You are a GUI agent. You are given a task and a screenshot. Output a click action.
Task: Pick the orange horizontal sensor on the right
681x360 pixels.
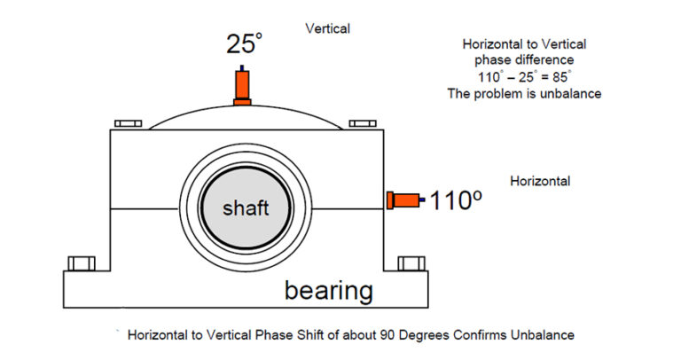[404, 200]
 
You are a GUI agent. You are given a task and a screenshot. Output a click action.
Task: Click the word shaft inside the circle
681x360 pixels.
[246, 209]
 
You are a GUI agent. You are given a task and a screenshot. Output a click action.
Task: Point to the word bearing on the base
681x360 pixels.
[328, 290]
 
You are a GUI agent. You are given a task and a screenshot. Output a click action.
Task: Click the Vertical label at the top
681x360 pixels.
[327, 28]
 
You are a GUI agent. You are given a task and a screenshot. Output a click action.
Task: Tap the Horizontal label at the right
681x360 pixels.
[540, 181]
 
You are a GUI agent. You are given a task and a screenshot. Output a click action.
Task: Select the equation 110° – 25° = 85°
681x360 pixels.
[524, 77]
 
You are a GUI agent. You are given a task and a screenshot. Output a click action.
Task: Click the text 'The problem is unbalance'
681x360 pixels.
[524, 93]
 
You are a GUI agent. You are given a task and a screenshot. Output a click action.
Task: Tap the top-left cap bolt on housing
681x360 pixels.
[128, 124]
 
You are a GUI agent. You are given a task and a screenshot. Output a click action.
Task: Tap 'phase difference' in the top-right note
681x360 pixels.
[524, 60]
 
